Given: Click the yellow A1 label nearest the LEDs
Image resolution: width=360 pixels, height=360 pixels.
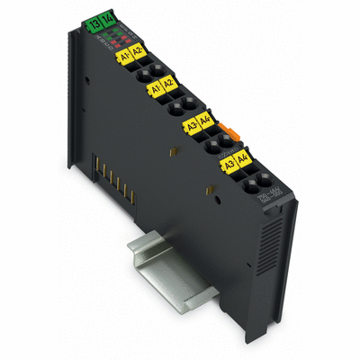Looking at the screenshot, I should [124, 55].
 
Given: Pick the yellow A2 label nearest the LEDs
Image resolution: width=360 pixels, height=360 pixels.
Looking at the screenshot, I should [138, 52].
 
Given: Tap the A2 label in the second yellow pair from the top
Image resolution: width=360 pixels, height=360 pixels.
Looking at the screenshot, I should [169, 85].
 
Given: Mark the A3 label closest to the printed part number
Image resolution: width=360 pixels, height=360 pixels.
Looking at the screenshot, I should [230, 165].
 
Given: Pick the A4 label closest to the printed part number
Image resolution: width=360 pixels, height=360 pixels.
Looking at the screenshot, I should [244, 161].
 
